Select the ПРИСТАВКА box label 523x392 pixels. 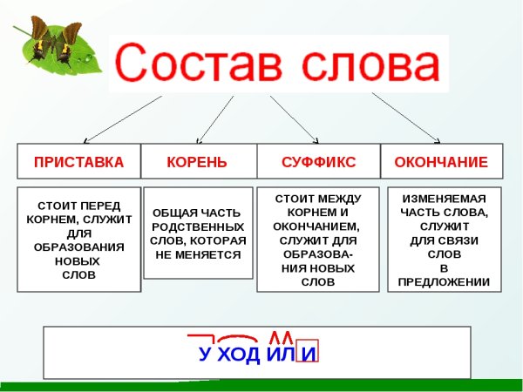[79, 162]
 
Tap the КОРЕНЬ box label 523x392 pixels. [197, 162]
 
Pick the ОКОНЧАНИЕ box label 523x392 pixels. [441, 162]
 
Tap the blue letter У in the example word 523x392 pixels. [205, 355]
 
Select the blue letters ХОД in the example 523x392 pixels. [238, 355]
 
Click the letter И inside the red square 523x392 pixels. [308, 355]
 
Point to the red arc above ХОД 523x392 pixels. [238, 337]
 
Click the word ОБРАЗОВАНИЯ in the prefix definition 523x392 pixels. [78, 247]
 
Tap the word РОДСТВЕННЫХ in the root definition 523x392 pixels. [197, 226]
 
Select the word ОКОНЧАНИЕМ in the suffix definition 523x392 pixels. [317, 226]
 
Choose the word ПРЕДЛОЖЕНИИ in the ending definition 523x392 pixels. [444, 281]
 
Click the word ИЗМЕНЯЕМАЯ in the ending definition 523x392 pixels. [444, 198]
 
